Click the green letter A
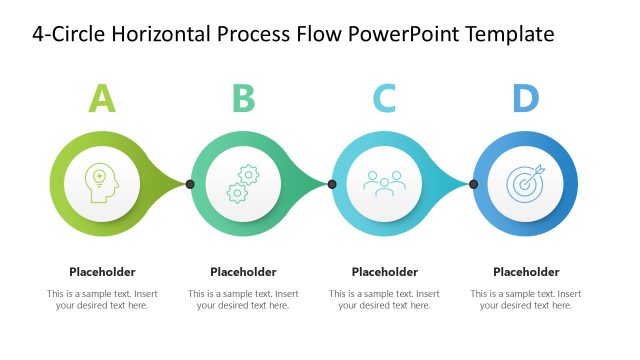[x=102, y=98]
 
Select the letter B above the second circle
[x=243, y=98]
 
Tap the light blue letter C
[x=384, y=98]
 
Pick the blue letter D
[x=525, y=98]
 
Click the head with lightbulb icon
[x=102, y=184]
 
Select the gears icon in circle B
[x=242, y=184]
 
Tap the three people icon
[x=384, y=183]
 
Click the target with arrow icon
[x=526, y=183]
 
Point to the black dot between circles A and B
[x=189, y=184]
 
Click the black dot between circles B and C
[x=331, y=184]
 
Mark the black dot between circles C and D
[x=473, y=184]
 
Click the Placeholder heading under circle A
[x=102, y=271]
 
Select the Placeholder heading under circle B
[x=243, y=271]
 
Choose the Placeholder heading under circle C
[x=385, y=271]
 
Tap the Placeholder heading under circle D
[x=526, y=271]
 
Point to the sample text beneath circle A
[x=102, y=299]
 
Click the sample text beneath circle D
[x=526, y=299]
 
